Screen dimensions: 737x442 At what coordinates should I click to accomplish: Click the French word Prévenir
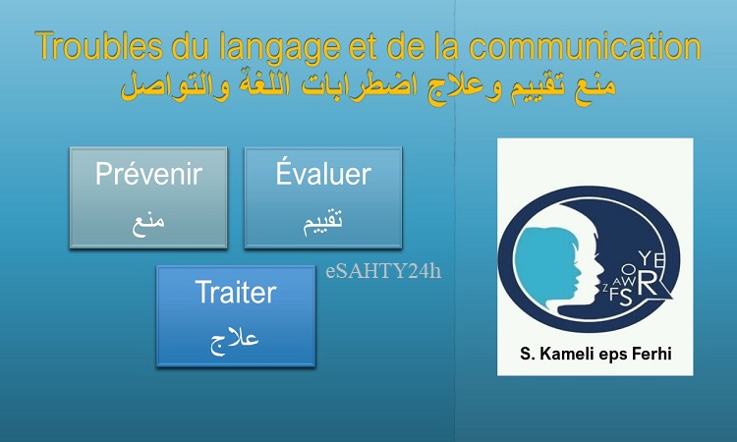click(148, 173)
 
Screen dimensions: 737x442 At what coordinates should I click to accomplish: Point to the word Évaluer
click(323, 173)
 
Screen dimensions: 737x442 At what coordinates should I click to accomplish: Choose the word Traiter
click(236, 292)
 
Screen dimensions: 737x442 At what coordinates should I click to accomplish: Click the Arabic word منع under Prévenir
click(148, 225)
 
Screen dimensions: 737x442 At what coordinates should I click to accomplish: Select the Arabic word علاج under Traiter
click(235, 342)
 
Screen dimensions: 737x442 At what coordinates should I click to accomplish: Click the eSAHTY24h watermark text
click(383, 271)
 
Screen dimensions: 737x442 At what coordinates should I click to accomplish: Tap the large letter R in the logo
click(648, 283)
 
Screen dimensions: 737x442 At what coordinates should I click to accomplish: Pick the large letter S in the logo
click(626, 298)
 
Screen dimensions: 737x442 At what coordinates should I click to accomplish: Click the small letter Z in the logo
click(605, 288)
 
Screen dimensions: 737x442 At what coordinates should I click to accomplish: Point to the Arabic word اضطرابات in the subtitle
click(359, 86)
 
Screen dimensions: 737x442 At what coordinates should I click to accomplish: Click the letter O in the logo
click(629, 270)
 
